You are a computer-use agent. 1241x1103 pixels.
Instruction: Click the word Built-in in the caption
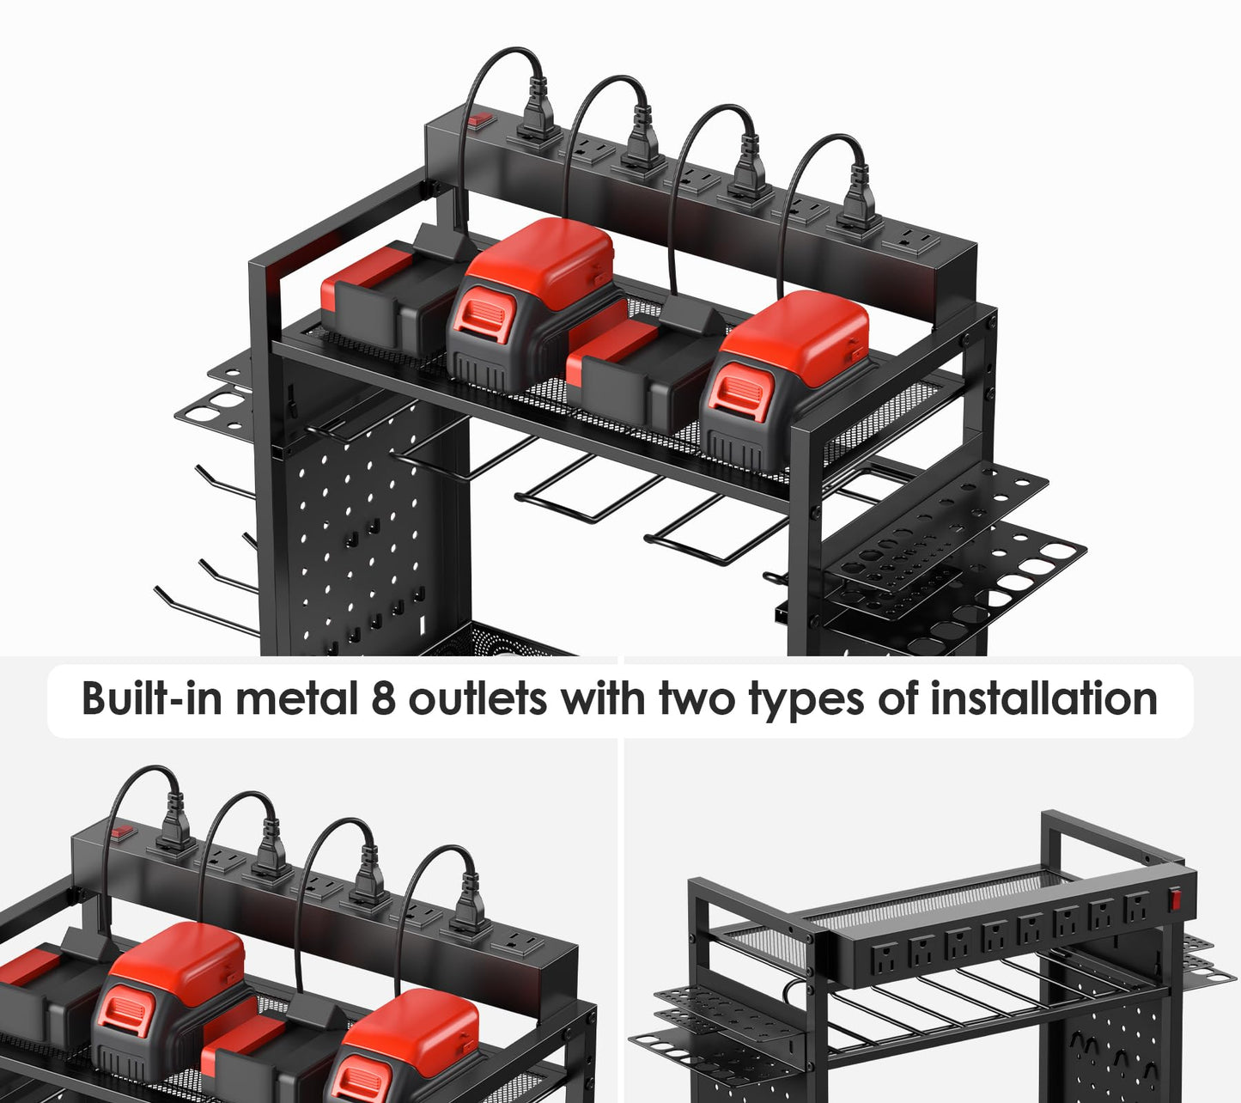pos(151,698)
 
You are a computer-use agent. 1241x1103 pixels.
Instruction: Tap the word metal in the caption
pos(295,698)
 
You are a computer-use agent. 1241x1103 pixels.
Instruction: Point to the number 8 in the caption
pos(382,698)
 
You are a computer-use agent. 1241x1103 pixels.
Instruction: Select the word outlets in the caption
pos(478,698)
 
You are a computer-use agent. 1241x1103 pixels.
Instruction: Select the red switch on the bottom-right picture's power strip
pos(1175,899)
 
